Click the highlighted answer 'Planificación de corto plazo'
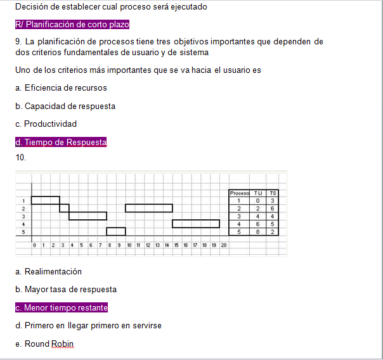(72, 25)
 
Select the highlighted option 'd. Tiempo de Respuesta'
(61, 143)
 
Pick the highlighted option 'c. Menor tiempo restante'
(62, 308)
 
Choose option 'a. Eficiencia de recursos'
(61, 88)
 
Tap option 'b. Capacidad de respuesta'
(65, 106)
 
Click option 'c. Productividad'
(46, 124)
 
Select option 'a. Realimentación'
(49, 271)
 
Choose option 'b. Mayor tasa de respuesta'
(66, 289)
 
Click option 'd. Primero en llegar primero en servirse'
(88, 326)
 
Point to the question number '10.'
(21, 157)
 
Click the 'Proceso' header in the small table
(239, 193)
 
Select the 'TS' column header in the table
(273, 193)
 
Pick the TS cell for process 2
(273, 208)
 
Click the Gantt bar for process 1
(45, 200)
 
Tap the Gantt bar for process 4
(196, 224)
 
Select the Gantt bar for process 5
(116, 231)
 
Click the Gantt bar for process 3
(88, 215)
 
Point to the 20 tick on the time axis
(224, 245)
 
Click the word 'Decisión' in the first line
(32, 7)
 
